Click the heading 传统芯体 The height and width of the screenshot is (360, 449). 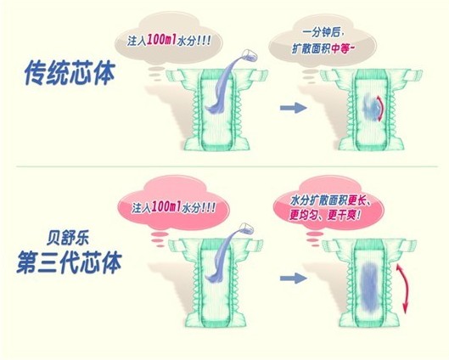(70, 73)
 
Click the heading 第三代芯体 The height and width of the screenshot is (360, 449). (69, 262)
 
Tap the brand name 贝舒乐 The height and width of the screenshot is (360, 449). (68, 239)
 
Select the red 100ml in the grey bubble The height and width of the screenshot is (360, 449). (161, 40)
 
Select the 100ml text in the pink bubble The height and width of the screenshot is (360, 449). (166, 206)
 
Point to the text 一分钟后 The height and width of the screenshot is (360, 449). (323, 32)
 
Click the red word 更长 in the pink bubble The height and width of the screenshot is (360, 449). (357, 200)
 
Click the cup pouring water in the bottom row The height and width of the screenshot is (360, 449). (246, 228)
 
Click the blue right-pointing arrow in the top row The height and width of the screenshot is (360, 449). (293, 108)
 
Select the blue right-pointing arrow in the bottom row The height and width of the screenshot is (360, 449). (293, 278)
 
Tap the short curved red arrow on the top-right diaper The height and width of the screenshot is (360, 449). (382, 109)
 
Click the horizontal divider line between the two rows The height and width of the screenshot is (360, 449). (227, 166)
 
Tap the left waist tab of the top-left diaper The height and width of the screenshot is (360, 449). (174, 76)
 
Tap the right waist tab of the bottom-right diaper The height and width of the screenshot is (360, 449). (408, 245)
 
